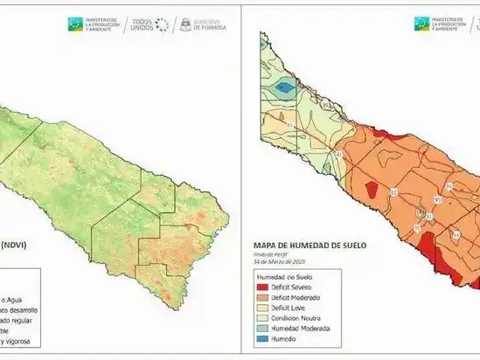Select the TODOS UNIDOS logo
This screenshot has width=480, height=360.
pos(147,24)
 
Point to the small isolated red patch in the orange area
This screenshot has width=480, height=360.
pos(370,190)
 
